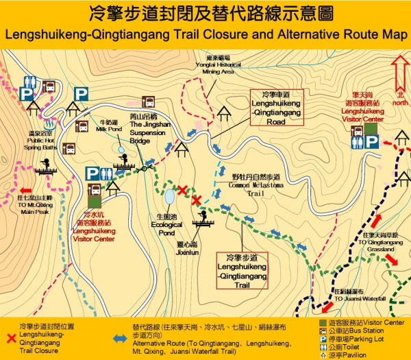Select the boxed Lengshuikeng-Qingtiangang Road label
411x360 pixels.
pos(277,108)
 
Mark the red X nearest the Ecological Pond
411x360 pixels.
pos(182,190)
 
